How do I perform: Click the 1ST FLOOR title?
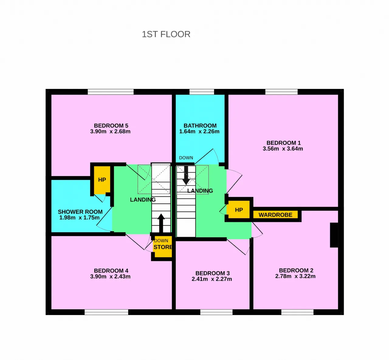point(166,34)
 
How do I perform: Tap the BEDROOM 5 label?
point(111,126)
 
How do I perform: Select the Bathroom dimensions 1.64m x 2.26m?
point(199,131)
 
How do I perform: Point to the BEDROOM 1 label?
point(284,143)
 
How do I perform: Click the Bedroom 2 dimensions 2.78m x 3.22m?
point(295,276)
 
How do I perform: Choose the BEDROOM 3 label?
point(212,273)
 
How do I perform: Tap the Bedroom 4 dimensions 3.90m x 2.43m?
point(110,277)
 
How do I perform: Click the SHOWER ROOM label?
point(80,212)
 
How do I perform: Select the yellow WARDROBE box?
point(275,215)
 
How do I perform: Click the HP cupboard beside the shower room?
point(102,180)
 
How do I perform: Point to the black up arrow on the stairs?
point(161,223)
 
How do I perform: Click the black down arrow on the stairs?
point(186,175)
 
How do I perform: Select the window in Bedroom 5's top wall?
point(111,92)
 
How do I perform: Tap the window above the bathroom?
point(201,92)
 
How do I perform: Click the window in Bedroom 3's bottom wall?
point(216,312)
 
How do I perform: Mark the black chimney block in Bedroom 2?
point(334,235)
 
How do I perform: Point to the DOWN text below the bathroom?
point(186,158)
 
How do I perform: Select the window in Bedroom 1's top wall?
point(281,92)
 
